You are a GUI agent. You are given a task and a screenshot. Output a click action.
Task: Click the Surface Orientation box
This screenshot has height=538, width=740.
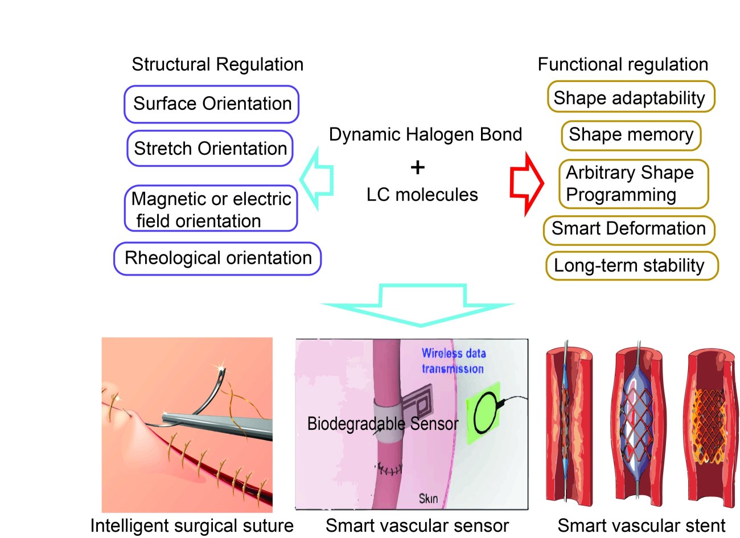[211, 104]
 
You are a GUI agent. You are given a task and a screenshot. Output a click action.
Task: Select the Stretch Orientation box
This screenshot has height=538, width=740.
[210, 149]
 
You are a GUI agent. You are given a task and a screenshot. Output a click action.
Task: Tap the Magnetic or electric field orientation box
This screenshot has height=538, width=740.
[211, 209]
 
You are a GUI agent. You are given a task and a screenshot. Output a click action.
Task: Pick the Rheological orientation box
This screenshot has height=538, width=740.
[217, 258]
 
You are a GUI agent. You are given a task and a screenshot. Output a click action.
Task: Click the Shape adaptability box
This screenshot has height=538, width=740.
[630, 97]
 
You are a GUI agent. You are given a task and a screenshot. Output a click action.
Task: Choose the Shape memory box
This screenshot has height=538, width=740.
[631, 135]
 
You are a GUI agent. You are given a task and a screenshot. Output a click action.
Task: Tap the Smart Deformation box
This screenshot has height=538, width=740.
[628, 229]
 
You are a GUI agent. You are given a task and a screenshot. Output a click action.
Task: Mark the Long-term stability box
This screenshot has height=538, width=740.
[631, 266]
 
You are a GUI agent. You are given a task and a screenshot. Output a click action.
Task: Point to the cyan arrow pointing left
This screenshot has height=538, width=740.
[316, 179]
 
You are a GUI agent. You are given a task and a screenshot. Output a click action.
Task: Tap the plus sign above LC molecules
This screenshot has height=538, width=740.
[417, 167]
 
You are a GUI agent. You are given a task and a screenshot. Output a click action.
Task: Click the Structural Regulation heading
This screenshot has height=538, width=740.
[217, 64]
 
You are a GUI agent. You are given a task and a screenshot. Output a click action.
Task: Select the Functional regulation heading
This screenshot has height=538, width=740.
[623, 64]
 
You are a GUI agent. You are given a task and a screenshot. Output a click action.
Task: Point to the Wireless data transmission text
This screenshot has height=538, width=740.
[453, 361]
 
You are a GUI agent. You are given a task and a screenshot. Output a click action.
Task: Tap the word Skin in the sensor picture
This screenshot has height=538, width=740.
[428, 499]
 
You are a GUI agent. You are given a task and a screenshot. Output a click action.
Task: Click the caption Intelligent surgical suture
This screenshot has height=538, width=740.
[192, 525]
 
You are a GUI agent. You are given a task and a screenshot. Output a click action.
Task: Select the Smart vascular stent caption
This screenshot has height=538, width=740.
[641, 525]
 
